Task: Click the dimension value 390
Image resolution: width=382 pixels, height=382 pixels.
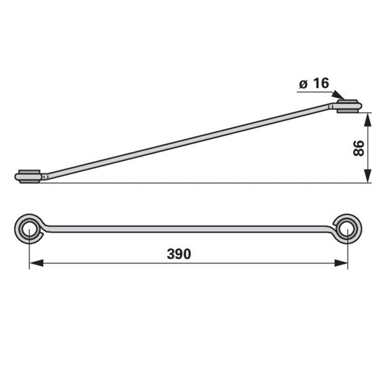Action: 179,254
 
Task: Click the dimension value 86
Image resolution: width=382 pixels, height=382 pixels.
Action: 358,148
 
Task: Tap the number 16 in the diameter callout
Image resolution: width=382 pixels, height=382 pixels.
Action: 321,83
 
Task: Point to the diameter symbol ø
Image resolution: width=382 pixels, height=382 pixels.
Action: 303,84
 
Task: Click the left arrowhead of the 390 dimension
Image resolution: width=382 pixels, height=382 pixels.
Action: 36,263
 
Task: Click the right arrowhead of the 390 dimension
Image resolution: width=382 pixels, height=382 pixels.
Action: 341,263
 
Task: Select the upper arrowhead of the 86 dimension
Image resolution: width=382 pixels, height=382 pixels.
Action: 368,120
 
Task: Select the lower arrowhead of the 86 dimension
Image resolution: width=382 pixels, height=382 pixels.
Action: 368,176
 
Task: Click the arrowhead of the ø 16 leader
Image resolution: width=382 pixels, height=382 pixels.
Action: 339,95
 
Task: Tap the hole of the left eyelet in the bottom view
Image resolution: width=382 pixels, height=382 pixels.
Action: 29,229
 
